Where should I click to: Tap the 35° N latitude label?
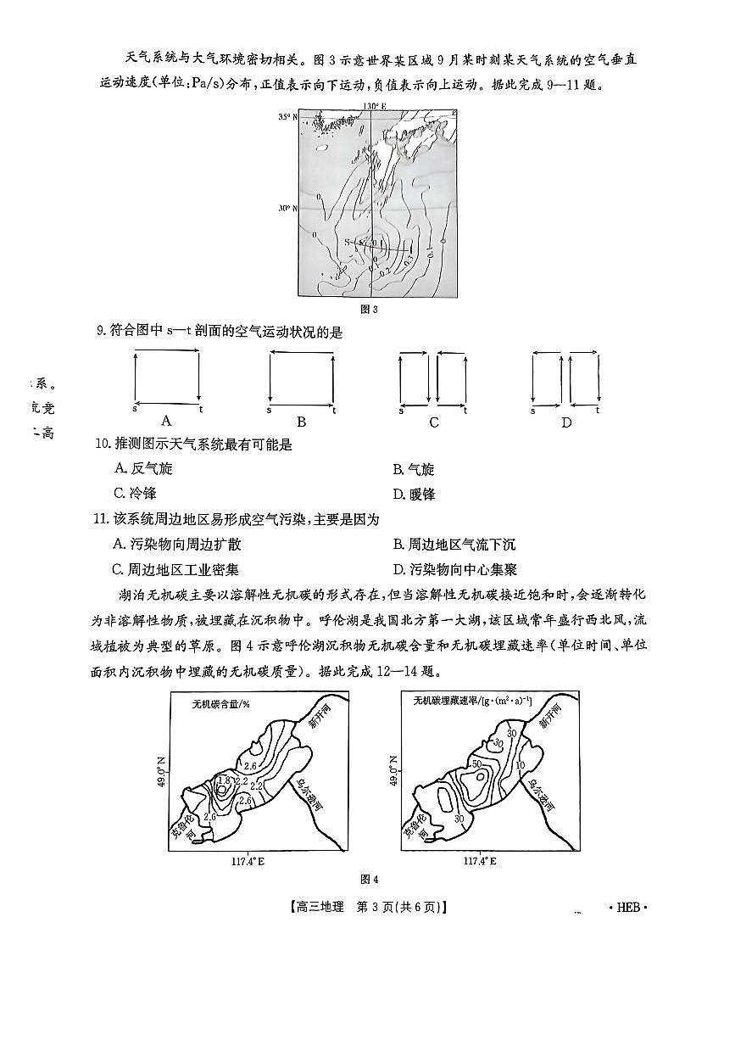289,117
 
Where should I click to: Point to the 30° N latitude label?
289,208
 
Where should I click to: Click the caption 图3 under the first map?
369,310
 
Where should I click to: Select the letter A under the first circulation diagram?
166,421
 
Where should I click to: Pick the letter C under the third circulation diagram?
434,422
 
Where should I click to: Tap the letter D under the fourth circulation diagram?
566,422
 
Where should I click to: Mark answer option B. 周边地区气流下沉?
454,545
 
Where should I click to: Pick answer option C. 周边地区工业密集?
176,569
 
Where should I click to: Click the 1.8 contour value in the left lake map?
224,781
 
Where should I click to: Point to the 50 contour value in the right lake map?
476,764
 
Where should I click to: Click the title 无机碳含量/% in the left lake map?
220,703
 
